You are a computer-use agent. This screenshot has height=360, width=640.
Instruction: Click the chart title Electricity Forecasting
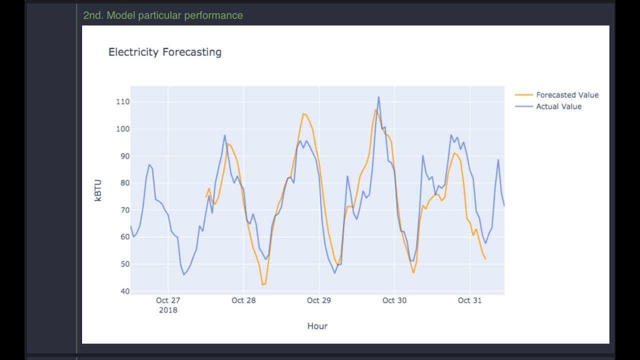tap(165, 52)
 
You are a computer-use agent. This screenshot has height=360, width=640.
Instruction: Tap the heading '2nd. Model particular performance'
tap(163, 15)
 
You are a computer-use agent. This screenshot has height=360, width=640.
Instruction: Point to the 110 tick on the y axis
tap(123, 101)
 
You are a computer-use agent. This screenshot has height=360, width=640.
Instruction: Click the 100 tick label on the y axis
tap(123, 129)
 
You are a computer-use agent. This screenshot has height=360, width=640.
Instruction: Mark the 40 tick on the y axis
tap(125, 291)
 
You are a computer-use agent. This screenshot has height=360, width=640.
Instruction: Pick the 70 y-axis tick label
tap(125, 210)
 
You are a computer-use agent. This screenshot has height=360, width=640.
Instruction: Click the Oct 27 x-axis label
tap(168, 300)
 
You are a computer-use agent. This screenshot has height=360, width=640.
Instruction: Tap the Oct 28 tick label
tap(243, 300)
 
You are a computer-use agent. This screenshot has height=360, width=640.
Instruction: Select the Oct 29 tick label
tap(319, 300)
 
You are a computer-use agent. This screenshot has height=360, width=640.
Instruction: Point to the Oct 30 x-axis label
tap(394, 300)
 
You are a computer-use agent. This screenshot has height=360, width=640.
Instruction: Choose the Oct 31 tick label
tap(469, 300)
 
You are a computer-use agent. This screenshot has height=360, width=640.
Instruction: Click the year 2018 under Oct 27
tap(168, 310)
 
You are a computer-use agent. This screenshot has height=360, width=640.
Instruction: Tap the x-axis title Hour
tap(317, 326)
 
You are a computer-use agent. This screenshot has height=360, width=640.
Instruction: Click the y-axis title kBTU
tap(97, 190)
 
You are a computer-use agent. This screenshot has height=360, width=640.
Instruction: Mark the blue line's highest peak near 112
tap(379, 97)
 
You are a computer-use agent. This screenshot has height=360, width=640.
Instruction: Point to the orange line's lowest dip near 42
tap(263, 284)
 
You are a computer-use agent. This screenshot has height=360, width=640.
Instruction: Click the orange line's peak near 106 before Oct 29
tap(303, 113)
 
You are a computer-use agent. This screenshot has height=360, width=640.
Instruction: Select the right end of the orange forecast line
tap(485, 258)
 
